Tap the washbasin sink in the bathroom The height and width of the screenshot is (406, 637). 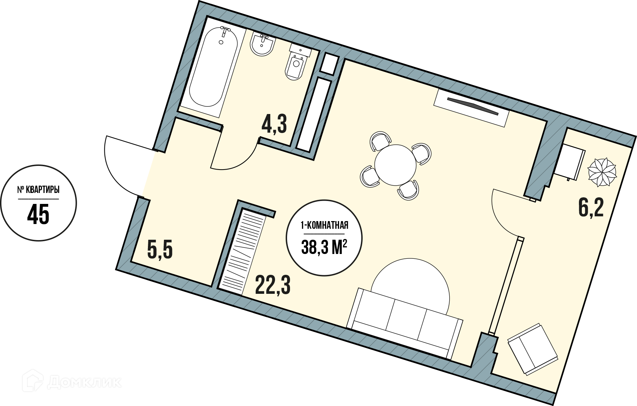tap(263, 45)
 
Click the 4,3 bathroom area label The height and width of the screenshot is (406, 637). tap(274, 124)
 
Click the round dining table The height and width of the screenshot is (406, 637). tap(395, 166)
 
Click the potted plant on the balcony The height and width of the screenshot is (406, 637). tap(602, 172)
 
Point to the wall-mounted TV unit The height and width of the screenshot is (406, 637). tap(472, 107)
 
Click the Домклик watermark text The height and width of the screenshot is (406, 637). tap(84, 382)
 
